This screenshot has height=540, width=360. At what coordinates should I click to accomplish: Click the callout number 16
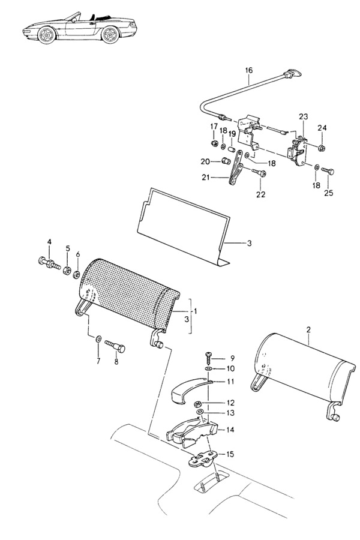[249, 70]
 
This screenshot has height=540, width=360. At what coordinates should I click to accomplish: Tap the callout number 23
[303, 117]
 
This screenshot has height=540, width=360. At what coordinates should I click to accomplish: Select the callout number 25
[329, 193]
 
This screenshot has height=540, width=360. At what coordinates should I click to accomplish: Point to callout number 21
[206, 178]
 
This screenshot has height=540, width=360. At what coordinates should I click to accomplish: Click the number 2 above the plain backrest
[308, 329]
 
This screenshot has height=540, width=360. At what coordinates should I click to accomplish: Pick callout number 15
[230, 454]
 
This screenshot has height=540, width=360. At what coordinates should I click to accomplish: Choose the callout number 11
[230, 382]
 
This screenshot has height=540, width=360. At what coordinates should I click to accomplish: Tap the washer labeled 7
[98, 340]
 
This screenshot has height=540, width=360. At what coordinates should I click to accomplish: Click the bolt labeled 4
[49, 263]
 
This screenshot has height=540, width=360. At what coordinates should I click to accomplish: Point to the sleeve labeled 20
[226, 161]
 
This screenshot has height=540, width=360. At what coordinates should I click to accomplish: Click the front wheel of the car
[47, 35]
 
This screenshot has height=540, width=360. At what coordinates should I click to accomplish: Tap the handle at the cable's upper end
[292, 74]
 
